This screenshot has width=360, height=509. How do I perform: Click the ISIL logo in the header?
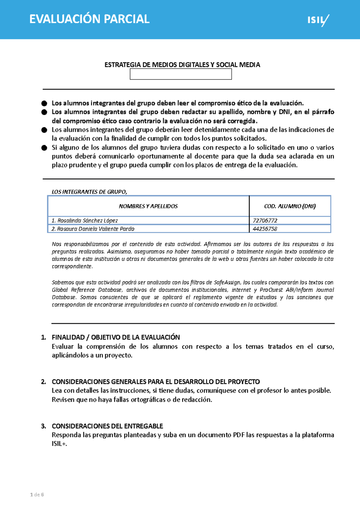318,20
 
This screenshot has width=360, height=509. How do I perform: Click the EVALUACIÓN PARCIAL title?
89,19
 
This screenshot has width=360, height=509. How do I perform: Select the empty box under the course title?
181,74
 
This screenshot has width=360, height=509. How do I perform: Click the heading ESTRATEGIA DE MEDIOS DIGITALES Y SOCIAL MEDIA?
182,65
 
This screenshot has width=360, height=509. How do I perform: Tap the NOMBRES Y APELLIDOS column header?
148,206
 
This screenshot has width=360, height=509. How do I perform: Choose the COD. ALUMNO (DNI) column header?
290,206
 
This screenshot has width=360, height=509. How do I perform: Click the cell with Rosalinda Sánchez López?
85,221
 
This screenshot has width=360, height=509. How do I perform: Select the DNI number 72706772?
265,221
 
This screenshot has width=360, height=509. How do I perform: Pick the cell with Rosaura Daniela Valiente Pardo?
93,229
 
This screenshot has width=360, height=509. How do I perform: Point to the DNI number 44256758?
265,229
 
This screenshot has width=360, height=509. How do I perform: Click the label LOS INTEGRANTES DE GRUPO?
89,192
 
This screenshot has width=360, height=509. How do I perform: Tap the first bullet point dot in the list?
44,103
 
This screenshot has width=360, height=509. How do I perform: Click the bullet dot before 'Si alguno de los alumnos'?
44,148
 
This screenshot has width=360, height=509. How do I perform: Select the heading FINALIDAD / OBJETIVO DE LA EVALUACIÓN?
116,337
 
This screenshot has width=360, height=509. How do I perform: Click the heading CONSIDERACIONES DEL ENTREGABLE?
107,426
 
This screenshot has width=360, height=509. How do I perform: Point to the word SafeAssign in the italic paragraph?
227,282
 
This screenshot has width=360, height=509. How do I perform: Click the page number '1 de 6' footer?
37,495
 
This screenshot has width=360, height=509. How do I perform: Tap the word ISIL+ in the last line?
59,444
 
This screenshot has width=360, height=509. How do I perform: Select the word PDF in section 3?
238,435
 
